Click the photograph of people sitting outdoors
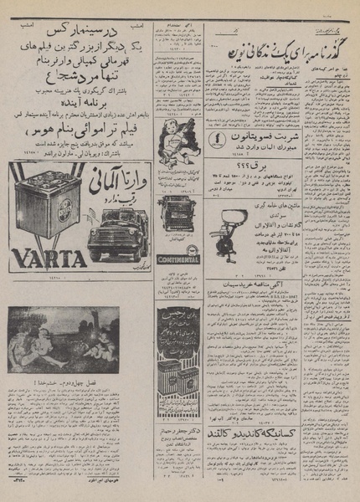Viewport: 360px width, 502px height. click(x=75, y=339)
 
